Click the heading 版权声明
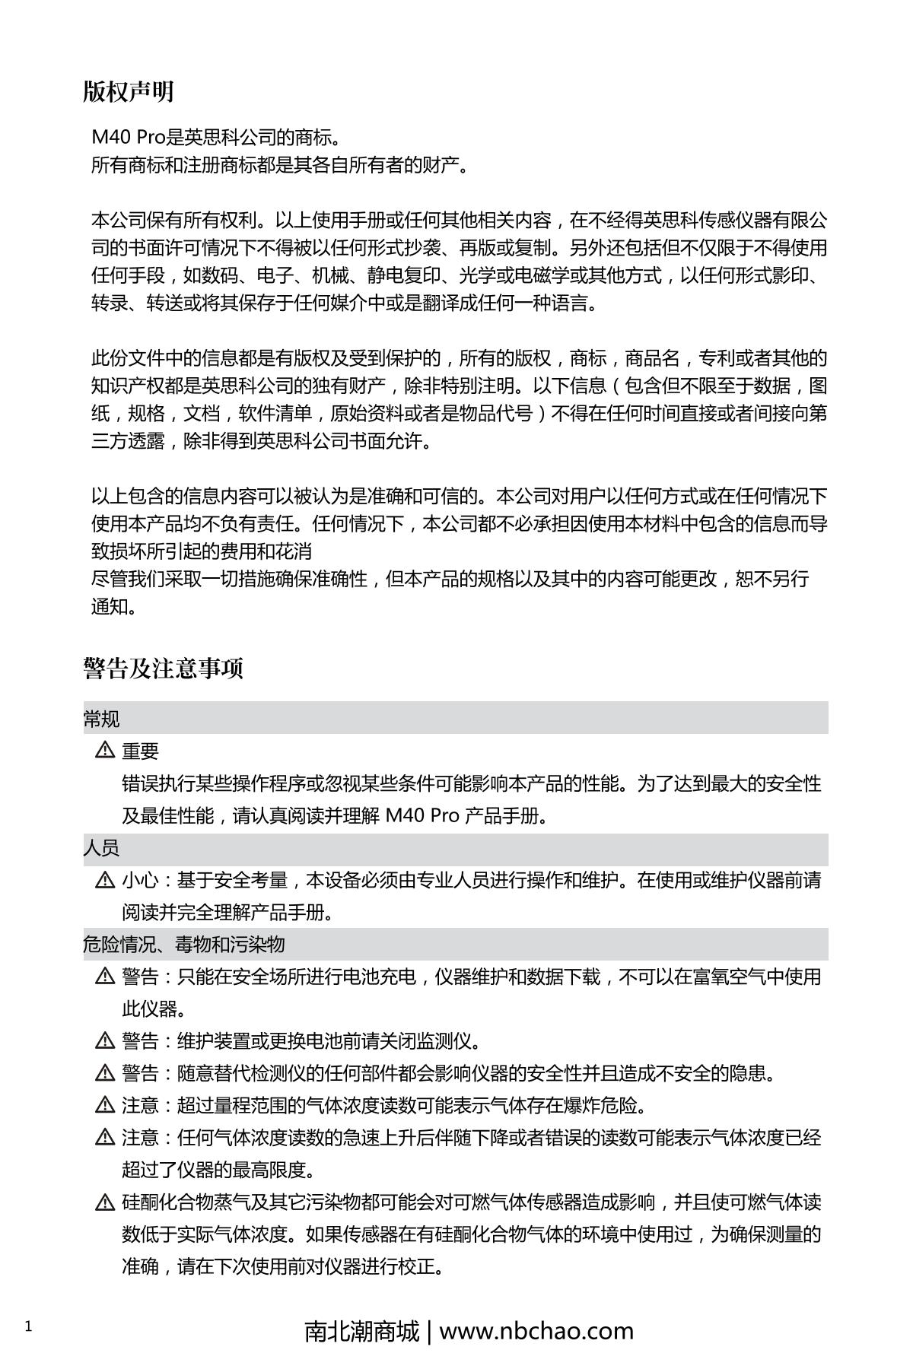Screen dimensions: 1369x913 click(x=129, y=92)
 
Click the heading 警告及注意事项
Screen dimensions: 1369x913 click(x=163, y=669)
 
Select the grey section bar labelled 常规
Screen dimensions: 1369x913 click(x=455, y=719)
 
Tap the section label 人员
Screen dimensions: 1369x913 click(x=101, y=848)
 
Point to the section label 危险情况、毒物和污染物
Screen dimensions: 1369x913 click(x=183, y=945)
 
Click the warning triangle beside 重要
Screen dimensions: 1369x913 click(x=104, y=751)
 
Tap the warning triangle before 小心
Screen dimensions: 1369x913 click(x=104, y=881)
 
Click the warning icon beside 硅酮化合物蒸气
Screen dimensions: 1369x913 click(x=104, y=1203)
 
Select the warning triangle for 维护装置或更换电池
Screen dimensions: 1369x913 click(x=104, y=1041)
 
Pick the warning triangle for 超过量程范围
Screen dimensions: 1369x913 click(x=104, y=1105)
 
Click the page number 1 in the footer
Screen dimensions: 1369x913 click(x=29, y=1327)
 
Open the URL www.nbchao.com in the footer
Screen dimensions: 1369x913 click(x=536, y=1331)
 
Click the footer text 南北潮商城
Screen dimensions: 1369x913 click(x=361, y=1331)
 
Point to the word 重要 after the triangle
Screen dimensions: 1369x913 click(x=141, y=751)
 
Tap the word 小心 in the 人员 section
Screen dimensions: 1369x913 click(x=141, y=881)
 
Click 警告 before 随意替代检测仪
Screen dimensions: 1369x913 click(x=141, y=1073)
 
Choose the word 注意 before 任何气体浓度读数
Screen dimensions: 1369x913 click(x=141, y=1138)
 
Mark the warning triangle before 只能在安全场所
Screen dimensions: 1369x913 click(x=104, y=977)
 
